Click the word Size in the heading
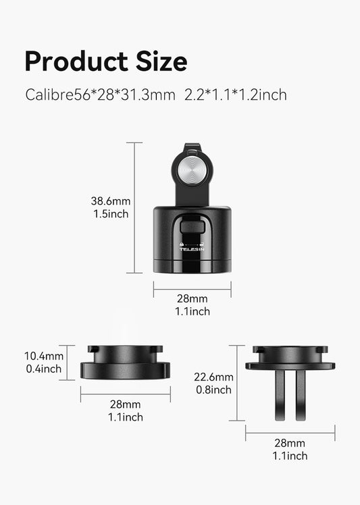[161, 61]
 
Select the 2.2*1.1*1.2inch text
[236, 95]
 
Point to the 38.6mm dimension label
[111, 201]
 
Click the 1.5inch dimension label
[111, 214]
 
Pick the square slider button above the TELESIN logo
[192, 227]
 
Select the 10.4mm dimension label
[44, 356]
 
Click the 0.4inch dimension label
[44, 369]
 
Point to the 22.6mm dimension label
[213, 377]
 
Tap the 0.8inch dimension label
[213, 390]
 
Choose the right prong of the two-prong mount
[300, 394]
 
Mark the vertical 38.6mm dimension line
[134, 207]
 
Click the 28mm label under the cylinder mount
[192, 298]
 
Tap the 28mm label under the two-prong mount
[290, 443]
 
